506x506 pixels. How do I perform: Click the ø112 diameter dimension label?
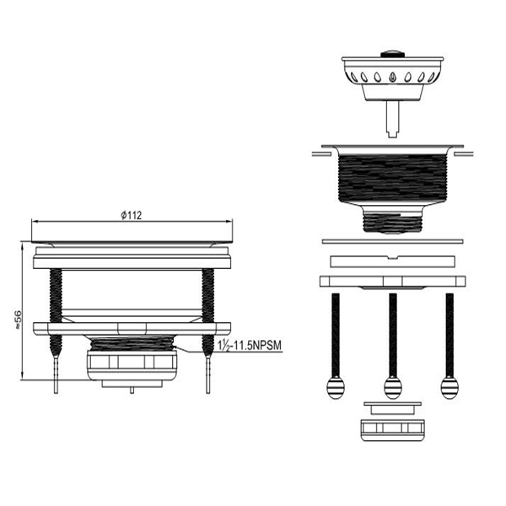point(132,215)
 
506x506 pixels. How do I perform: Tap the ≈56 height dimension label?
point(18,320)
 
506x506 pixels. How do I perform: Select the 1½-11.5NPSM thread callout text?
point(250,345)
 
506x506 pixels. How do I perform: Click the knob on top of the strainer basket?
point(392,54)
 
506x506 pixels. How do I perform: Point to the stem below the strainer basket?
point(392,119)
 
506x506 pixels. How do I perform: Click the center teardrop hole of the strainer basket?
point(392,77)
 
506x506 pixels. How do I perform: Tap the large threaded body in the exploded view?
point(392,177)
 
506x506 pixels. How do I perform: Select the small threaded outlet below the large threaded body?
point(392,221)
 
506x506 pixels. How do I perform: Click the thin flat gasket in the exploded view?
point(393,241)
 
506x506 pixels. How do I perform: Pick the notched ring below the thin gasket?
point(393,261)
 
